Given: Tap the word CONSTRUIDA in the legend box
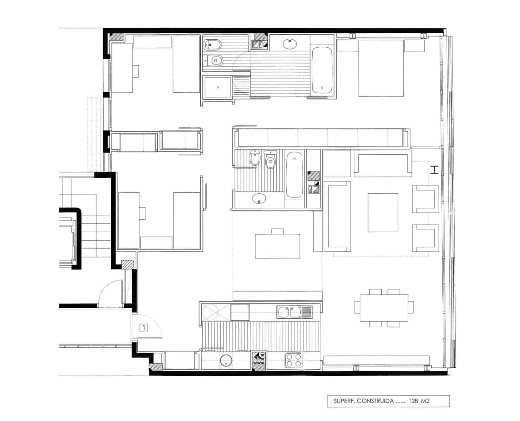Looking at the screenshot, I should [375, 401].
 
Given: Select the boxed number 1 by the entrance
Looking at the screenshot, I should [144, 328].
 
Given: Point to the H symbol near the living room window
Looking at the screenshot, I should [435, 169].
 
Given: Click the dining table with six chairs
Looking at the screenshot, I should [384, 308].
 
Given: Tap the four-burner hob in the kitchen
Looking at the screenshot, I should [293, 360].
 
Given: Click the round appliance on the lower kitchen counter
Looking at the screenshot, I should [225, 360].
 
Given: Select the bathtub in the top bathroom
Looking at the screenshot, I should [322, 70].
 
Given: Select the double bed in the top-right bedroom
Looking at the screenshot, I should [381, 68].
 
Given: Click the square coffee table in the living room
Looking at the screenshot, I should [383, 212].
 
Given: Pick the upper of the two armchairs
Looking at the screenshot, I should [425, 199].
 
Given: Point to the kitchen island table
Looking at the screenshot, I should [277, 246].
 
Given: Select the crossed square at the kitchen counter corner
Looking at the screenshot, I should [212, 312].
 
